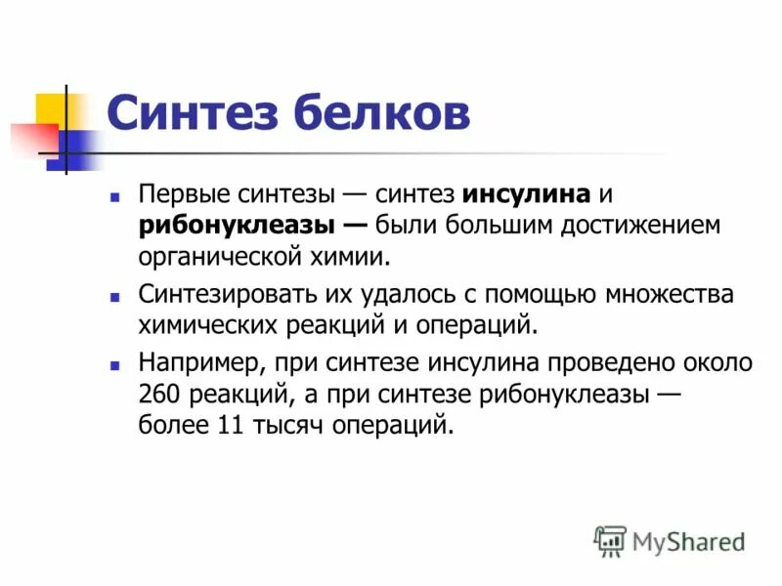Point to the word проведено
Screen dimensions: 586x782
click(616, 362)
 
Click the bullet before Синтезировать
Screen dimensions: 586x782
click(115, 295)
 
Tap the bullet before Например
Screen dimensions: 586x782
click(115, 363)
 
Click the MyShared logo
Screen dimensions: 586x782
click(670, 540)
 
